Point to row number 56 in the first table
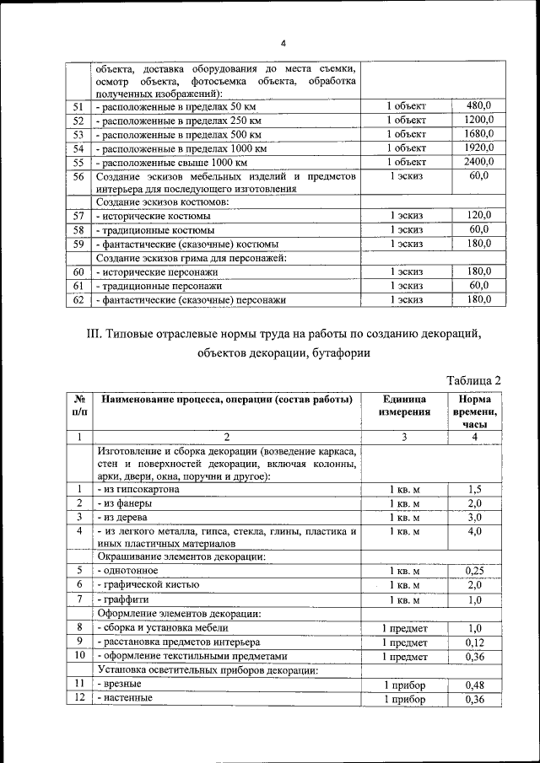[x=78, y=176]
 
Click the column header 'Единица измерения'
[x=406, y=406]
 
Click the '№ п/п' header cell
[x=78, y=406]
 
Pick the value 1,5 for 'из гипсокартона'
[x=474, y=490]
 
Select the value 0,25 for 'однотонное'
[x=474, y=571]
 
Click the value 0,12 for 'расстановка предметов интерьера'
[x=474, y=642]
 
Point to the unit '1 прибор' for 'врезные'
[x=405, y=684]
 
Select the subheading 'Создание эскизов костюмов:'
[x=162, y=202]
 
